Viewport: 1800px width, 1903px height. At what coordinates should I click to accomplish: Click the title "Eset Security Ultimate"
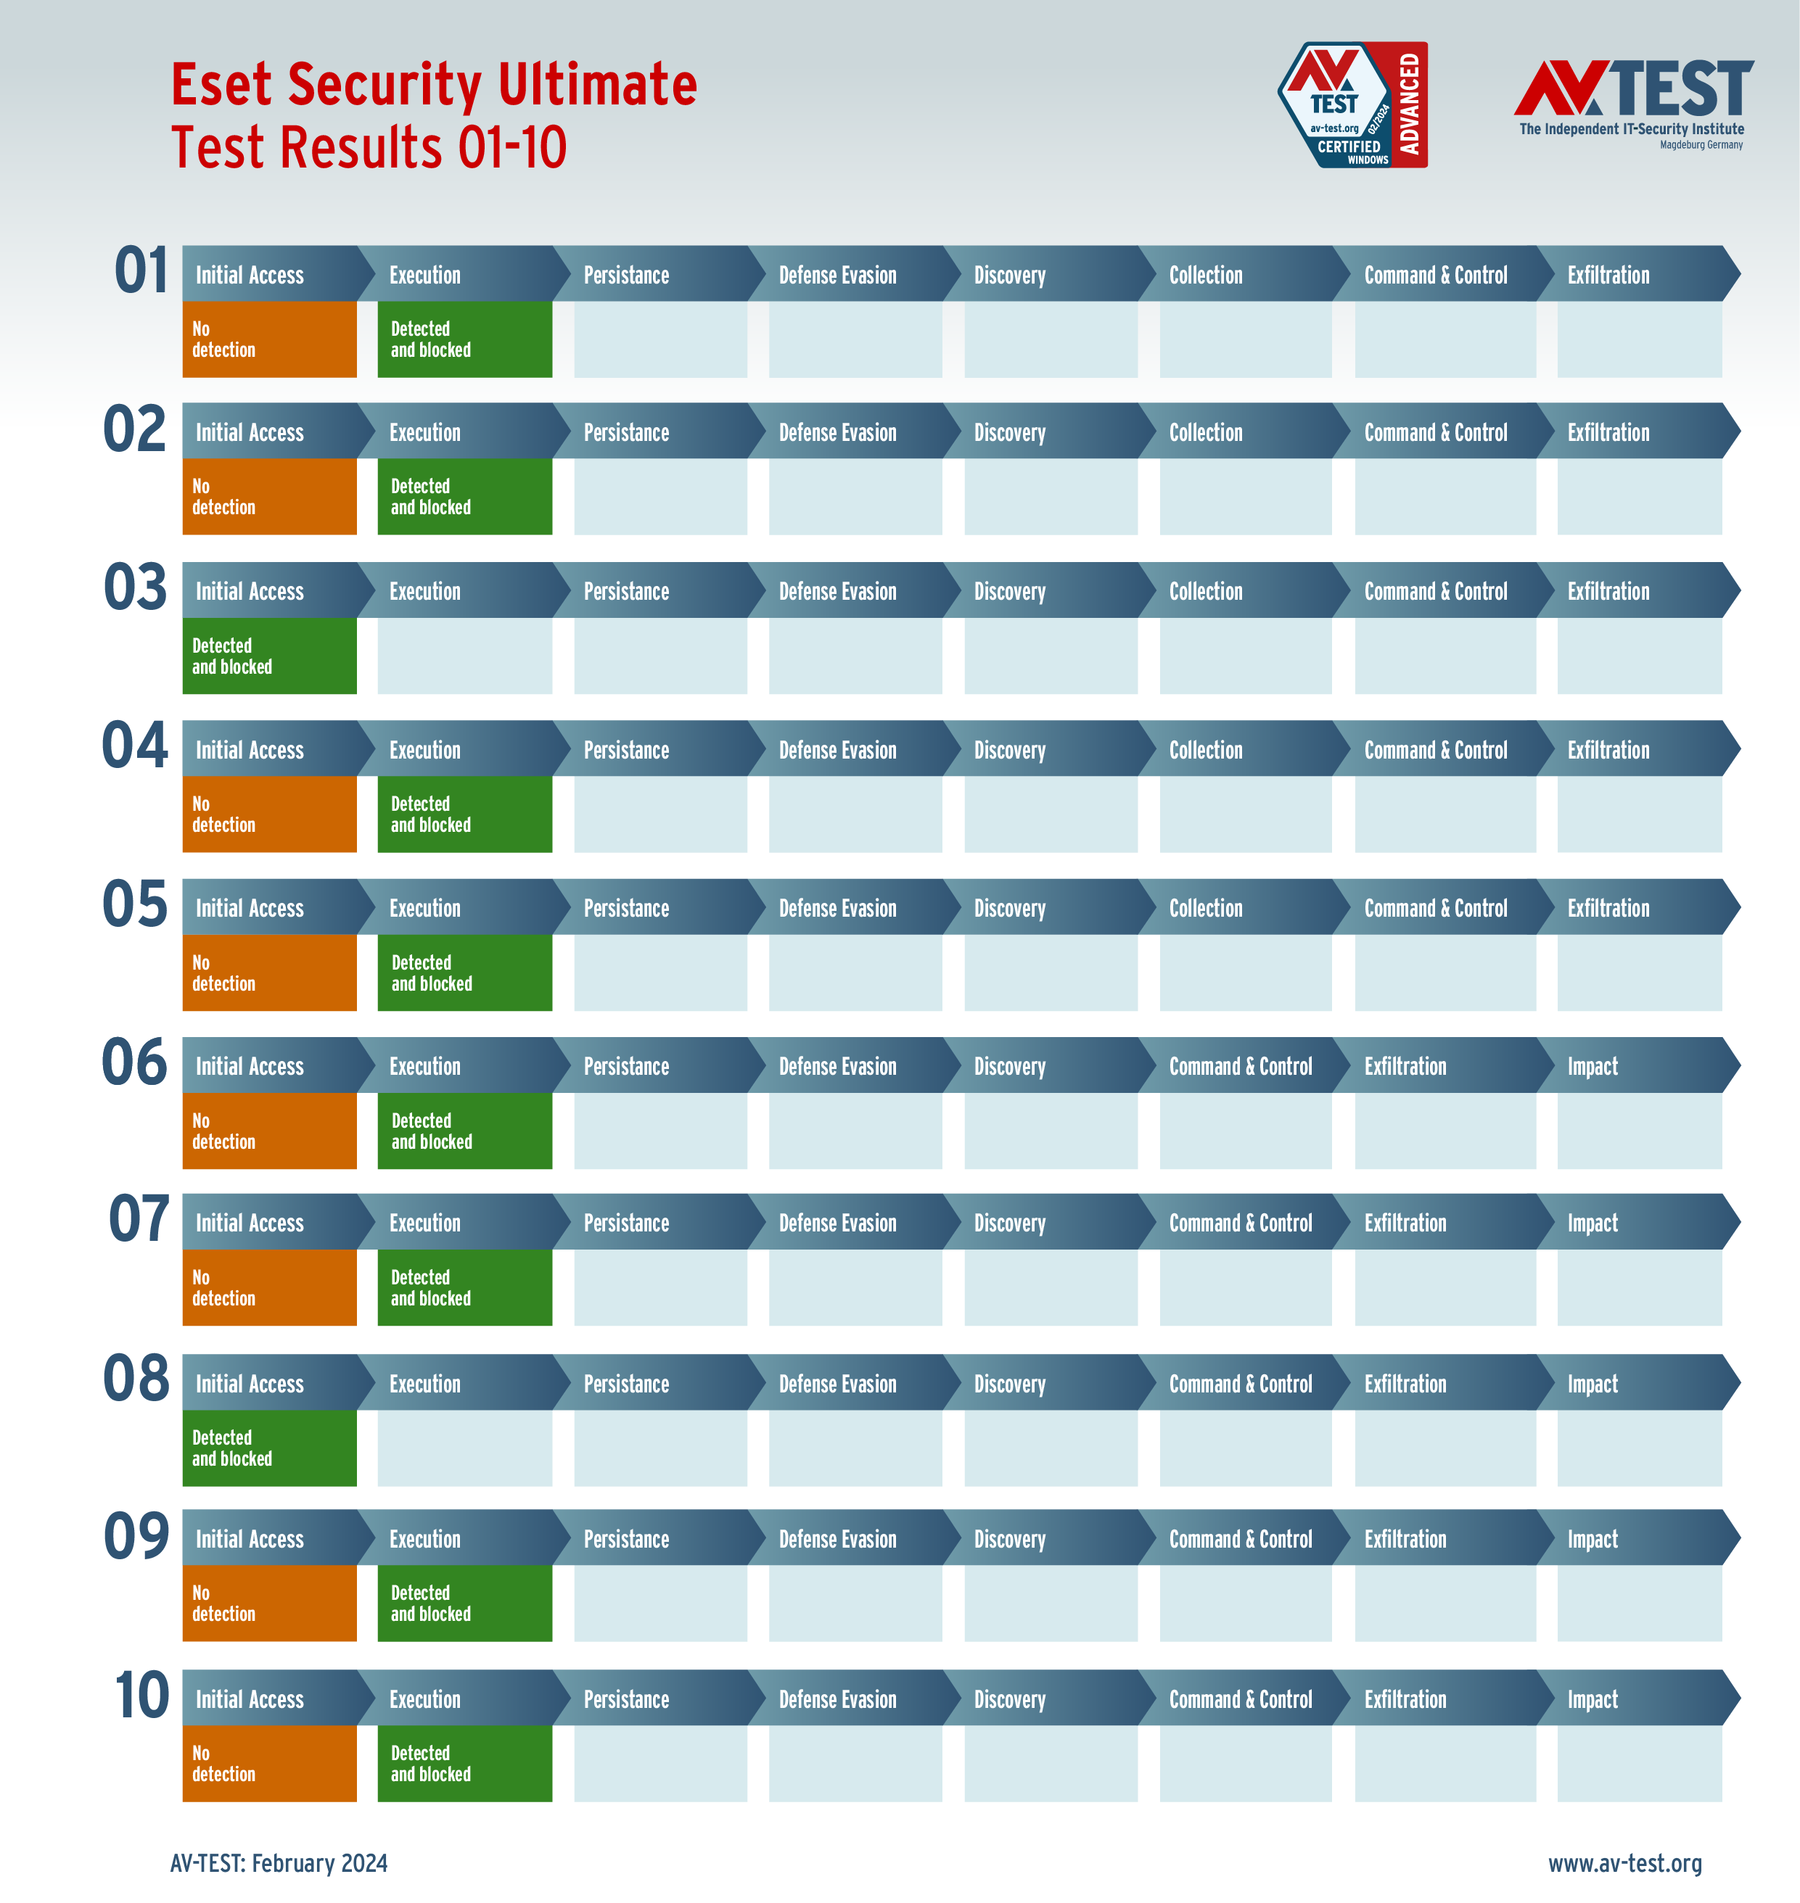point(434,84)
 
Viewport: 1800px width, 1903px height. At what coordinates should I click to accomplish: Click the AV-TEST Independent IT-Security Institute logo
point(1633,104)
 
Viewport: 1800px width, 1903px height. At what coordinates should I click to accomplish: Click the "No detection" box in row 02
point(270,497)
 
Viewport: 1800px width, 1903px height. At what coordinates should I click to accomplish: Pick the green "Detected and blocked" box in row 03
point(270,656)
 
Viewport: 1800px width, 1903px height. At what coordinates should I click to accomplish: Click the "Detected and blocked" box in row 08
point(270,1448)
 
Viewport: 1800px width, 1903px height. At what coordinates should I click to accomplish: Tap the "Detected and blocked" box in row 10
point(464,1763)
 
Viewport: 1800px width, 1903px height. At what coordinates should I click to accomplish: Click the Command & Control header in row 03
point(1435,592)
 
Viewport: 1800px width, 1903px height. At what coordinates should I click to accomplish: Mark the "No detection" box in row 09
point(270,1603)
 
